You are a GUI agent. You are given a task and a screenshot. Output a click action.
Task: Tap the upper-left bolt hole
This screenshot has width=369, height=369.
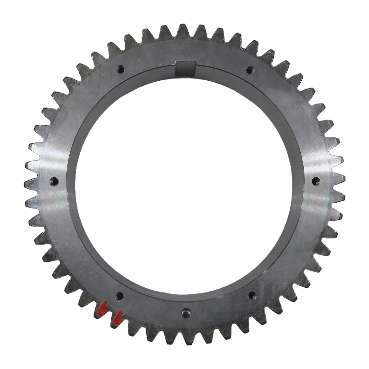[x=120, y=69]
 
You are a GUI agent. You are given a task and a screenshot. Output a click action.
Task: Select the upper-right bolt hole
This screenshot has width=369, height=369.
[x=250, y=70]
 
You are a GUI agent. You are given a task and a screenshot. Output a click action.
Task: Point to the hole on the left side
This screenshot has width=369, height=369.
[x=54, y=181]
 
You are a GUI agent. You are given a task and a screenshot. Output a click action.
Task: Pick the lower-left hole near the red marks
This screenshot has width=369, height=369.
[x=119, y=296]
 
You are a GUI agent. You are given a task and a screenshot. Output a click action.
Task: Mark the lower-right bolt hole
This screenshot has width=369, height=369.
[x=252, y=295]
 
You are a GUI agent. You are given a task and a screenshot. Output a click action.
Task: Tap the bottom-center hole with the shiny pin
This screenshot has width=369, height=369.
[x=186, y=313]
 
